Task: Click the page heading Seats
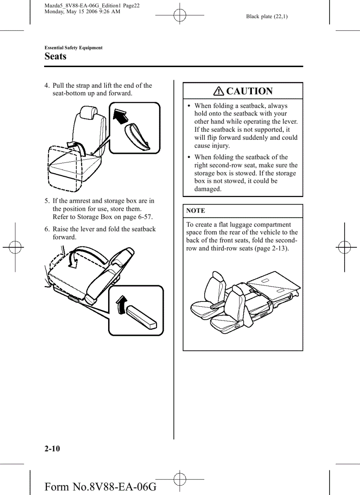[56, 56]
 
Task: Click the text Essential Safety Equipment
[74, 48]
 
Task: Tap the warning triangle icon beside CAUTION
[218, 91]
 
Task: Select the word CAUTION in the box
[249, 91]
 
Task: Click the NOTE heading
[195, 211]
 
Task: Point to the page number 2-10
[52, 449]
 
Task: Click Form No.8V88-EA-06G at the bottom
[101, 487]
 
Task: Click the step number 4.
[47, 86]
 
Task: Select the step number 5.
[47, 201]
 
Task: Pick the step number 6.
[47, 229]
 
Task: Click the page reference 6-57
[143, 217]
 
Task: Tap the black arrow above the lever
[120, 304]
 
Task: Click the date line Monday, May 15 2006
[82, 11]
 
